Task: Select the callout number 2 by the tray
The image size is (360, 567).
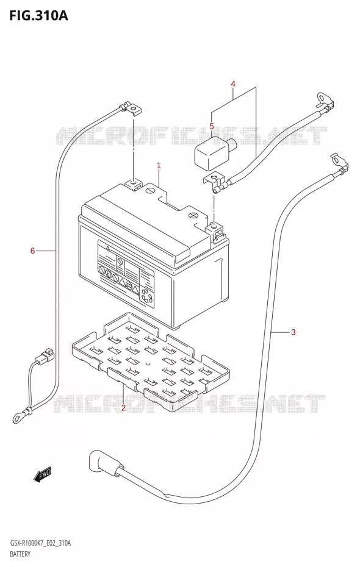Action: click(123, 408)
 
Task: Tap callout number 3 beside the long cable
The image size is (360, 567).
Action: click(293, 332)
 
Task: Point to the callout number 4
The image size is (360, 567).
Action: click(233, 84)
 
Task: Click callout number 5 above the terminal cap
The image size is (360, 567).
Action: click(212, 126)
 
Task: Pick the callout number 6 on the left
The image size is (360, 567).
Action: click(32, 250)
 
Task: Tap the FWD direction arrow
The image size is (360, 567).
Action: click(43, 474)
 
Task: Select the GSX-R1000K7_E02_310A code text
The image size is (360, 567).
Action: click(40, 543)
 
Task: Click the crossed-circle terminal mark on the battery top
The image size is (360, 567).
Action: click(193, 216)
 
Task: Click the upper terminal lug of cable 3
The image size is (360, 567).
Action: click(339, 164)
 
